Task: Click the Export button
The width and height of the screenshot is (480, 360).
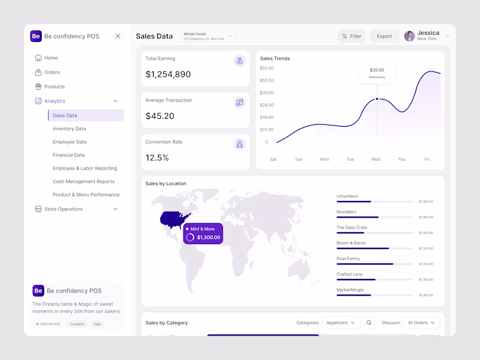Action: [x=384, y=36]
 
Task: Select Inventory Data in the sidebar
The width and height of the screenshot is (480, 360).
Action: [x=69, y=128]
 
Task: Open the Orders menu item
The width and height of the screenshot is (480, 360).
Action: [x=52, y=72]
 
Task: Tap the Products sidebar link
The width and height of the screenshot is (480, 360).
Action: [x=54, y=86]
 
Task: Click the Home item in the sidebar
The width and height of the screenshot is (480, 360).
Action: [x=51, y=58]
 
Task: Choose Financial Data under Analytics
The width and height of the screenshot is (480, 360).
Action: [x=68, y=155]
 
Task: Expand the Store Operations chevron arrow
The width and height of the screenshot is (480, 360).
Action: [x=116, y=209]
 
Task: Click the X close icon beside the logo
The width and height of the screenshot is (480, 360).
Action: [x=118, y=36]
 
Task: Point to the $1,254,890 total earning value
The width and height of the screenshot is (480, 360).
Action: [x=168, y=74]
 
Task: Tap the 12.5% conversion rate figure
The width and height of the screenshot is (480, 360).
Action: [x=157, y=158]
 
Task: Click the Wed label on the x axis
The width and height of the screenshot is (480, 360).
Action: [x=376, y=160]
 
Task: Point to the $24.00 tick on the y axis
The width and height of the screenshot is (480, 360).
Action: [x=266, y=105]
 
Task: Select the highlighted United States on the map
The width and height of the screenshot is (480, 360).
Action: [x=174, y=220]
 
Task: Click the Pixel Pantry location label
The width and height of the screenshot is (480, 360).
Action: [x=348, y=259]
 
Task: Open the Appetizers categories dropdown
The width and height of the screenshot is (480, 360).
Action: [x=341, y=323]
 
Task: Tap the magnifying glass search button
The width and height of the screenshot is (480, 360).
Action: [x=369, y=323]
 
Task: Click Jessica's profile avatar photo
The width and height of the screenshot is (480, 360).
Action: [x=409, y=36]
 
